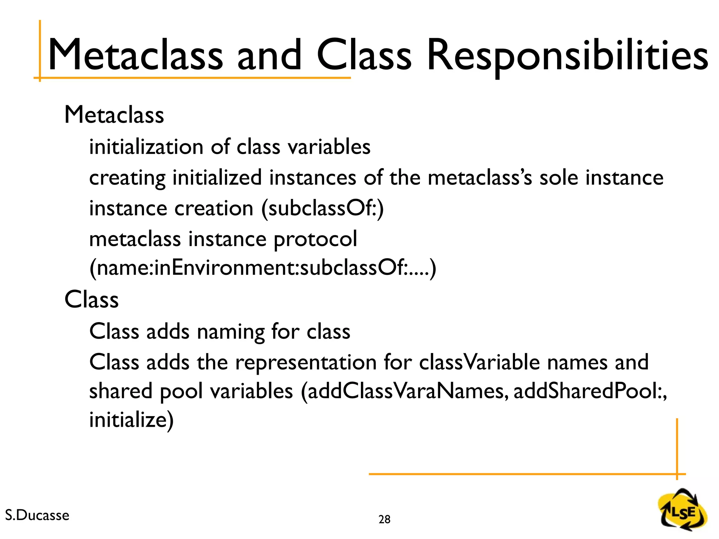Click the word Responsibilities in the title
click(x=567, y=56)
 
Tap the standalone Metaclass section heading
click(x=114, y=115)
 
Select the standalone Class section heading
click(x=92, y=300)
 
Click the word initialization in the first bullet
click(x=146, y=147)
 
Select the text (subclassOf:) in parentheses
click(x=323, y=208)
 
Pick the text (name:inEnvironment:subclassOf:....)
click(x=263, y=268)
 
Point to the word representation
click(x=306, y=362)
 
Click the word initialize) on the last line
click(x=131, y=420)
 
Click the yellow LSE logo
click(x=683, y=511)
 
